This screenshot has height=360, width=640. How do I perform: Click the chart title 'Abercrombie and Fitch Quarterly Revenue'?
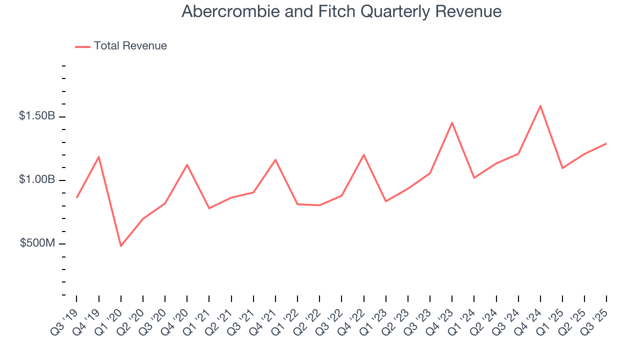pyautogui.click(x=341, y=11)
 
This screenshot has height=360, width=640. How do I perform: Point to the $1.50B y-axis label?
pyautogui.click(x=37, y=116)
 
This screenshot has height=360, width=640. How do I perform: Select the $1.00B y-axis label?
pyautogui.click(x=37, y=179)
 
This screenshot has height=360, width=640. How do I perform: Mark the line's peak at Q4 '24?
pyautogui.click(x=540, y=105)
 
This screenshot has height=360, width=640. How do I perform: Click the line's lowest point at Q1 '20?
pyautogui.click(x=121, y=246)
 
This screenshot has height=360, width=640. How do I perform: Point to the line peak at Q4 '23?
pyautogui.click(x=452, y=122)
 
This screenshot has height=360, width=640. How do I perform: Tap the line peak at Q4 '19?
pyautogui.click(x=99, y=156)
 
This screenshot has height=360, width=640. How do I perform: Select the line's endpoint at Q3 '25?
pyautogui.click(x=606, y=143)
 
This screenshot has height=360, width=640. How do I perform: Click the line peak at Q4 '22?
pyautogui.click(x=364, y=154)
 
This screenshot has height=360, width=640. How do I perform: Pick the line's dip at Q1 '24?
pyautogui.click(x=474, y=178)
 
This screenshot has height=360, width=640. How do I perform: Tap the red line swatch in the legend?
pyautogui.click(x=82, y=46)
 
